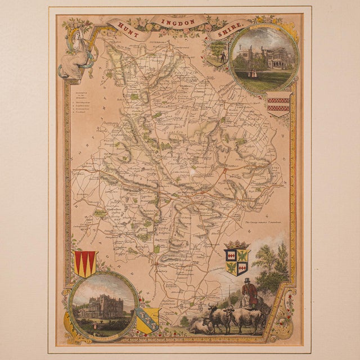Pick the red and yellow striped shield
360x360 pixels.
pyautogui.click(x=85, y=263)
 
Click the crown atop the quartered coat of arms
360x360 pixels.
pyautogui.click(x=236, y=245)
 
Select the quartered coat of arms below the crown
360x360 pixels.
pyautogui.click(x=237, y=262)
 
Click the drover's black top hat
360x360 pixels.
pyautogui.click(x=246, y=280)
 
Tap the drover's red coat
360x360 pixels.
pyautogui.click(x=247, y=292)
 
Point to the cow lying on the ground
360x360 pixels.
pyautogui.click(x=200, y=325)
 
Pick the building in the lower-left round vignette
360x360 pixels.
pyautogui.click(x=101, y=307)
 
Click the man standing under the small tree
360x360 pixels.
pyautogui.click(x=221, y=56)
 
